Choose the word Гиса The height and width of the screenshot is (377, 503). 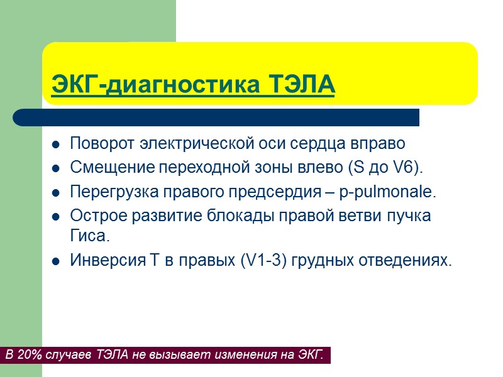[x=89, y=236]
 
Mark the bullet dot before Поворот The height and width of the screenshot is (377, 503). [x=55, y=144]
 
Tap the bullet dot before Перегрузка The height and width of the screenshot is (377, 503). [x=55, y=192]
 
